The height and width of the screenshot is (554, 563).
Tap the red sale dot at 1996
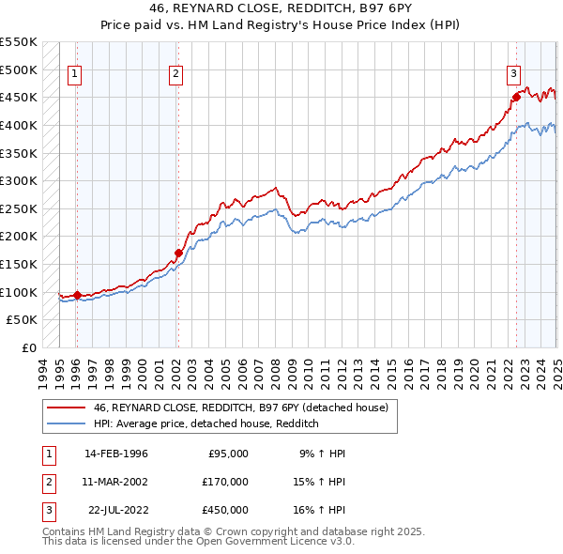[76, 295]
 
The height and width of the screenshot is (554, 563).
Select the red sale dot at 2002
[178, 253]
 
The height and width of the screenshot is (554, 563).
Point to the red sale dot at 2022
[516, 97]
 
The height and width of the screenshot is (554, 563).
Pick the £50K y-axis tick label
[23, 320]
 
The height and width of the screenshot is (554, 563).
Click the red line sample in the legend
[67, 407]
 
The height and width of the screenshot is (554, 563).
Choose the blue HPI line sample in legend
[67, 423]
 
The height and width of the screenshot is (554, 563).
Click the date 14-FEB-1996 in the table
[116, 454]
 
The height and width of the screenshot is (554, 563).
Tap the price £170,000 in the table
[225, 482]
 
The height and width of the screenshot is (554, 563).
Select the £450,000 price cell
[225, 510]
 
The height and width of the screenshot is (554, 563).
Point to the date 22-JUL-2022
[117, 510]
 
